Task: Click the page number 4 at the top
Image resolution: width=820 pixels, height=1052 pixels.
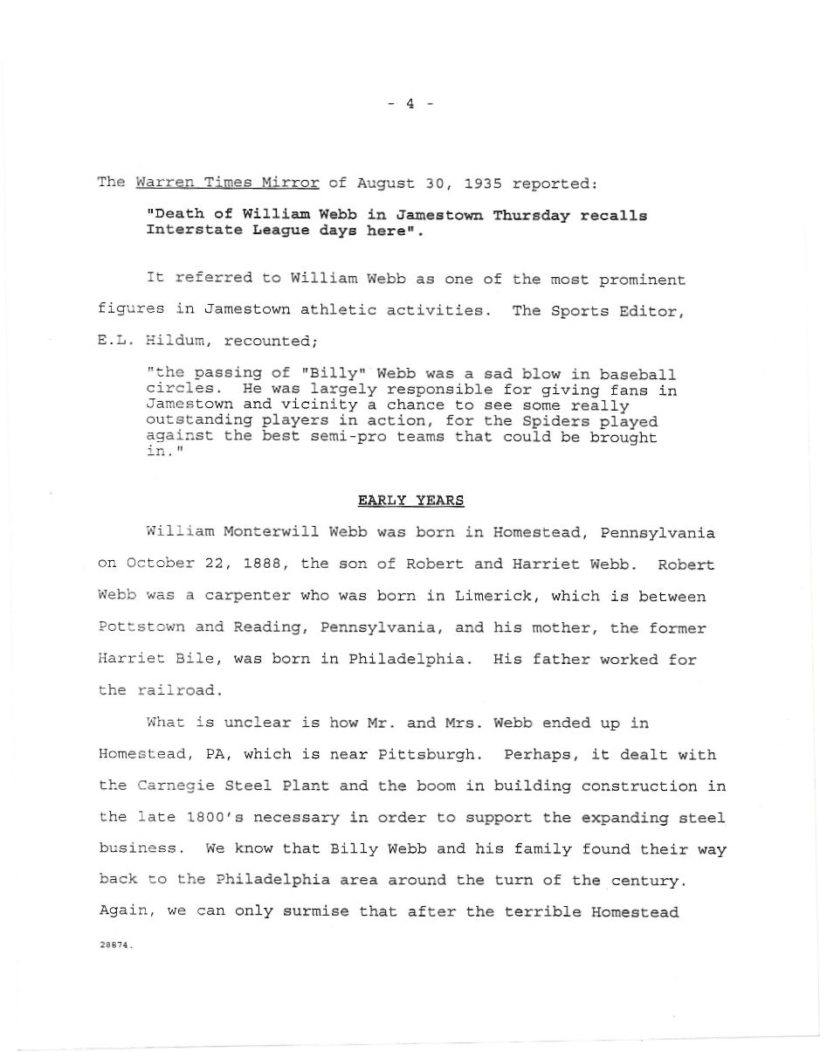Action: [x=410, y=104]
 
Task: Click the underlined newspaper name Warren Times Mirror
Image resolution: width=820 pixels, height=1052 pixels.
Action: [x=227, y=183]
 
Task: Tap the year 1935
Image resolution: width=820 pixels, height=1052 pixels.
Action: [x=483, y=183]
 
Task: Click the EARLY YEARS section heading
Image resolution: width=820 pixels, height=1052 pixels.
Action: [x=410, y=501]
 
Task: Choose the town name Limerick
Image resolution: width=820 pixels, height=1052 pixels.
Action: [x=491, y=596]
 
